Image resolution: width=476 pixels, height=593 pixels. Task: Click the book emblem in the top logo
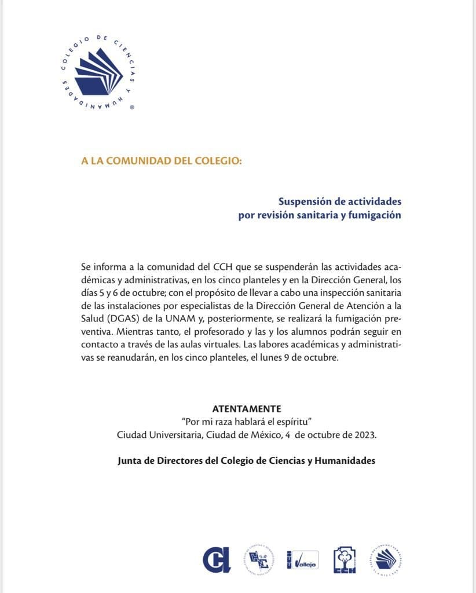point(97,72)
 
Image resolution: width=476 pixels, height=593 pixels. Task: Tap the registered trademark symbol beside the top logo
point(133,108)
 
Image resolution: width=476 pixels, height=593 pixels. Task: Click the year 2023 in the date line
point(363,434)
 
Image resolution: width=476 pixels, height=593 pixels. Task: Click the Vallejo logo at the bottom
point(302,561)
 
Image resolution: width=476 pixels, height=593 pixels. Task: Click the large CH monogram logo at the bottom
point(217,560)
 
